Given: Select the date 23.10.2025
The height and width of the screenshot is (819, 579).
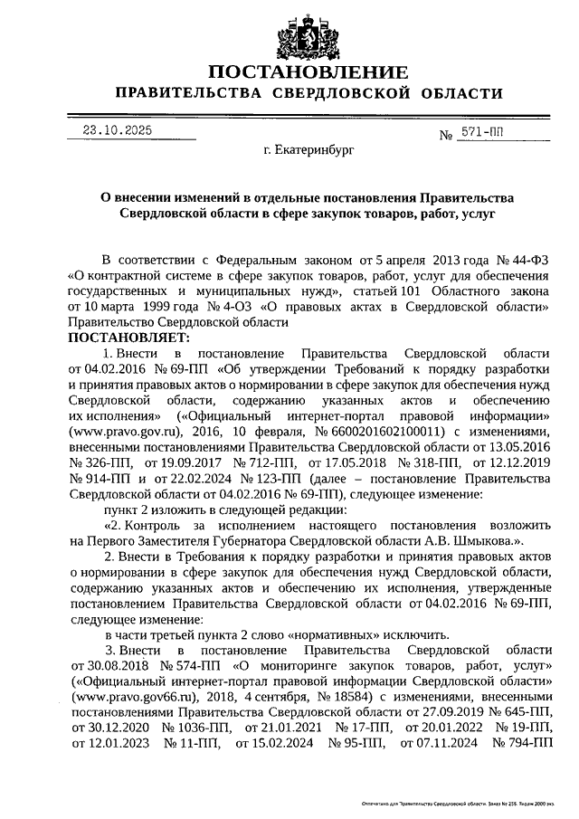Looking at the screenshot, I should click(117, 130).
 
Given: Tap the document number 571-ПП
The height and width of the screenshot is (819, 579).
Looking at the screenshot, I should click(482, 132).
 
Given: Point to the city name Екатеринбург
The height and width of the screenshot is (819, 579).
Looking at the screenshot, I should click(308, 155).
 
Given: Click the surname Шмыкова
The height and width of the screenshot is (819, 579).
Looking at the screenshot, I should click(485, 540).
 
